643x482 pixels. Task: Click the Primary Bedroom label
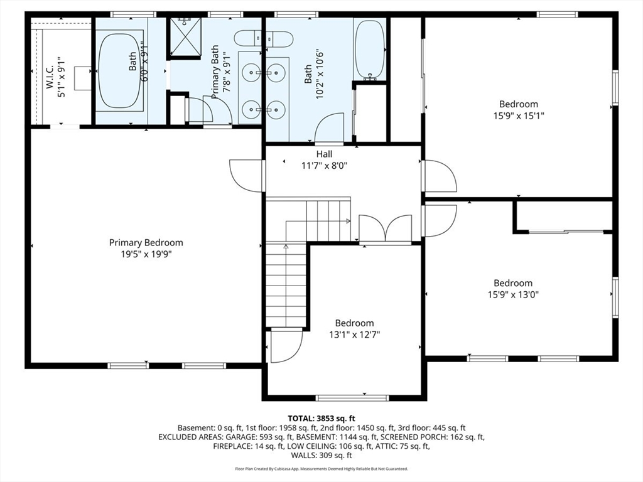[x=146, y=243]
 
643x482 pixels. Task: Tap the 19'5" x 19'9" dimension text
[x=146, y=255]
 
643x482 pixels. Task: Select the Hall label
[x=324, y=154]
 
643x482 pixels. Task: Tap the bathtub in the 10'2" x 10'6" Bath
[x=369, y=50]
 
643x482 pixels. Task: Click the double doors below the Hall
[x=385, y=228]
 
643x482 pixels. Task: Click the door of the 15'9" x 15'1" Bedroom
[x=440, y=176]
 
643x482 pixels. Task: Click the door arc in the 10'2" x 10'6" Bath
[x=330, y=128]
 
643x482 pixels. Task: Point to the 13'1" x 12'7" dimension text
[x=354, y=335]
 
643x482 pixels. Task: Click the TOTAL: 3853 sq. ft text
[x=321, y=418]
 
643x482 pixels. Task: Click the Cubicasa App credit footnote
[x=321, y=469]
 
